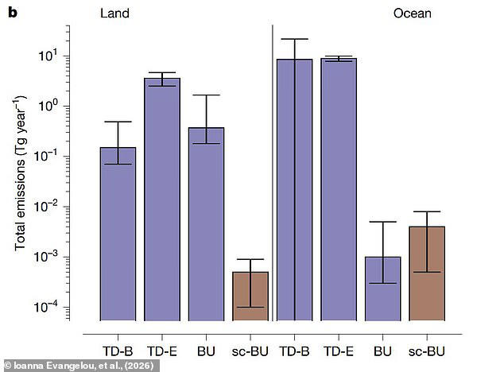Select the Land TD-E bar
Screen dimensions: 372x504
[x=161, y=199]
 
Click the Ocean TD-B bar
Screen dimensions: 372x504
[x=294, y=190]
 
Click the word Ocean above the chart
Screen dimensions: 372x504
[x=413, y=14]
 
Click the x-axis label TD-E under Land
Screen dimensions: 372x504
[x=162, y=349]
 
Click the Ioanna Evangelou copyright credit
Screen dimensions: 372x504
[x=72, y=365]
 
